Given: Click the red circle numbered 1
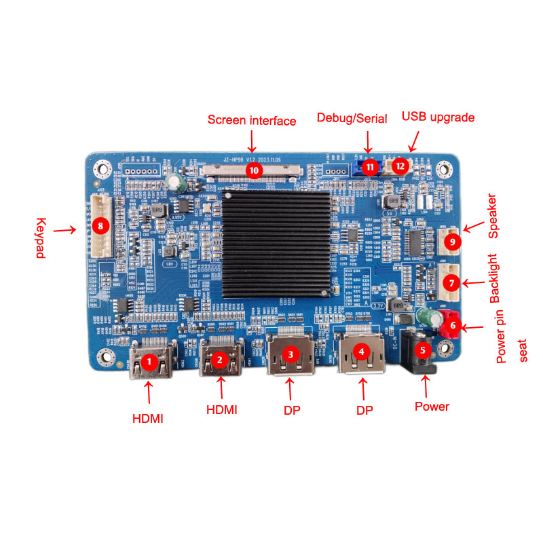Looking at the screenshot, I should coord(149,362).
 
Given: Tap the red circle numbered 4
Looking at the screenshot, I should coord(362,352).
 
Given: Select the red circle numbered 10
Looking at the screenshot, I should coord(253,169).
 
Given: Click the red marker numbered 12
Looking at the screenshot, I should coord(400,165).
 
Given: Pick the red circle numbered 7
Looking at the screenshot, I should coord(452,280).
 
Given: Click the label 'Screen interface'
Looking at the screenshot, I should coord(252,121).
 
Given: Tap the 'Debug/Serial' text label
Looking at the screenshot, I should coord(352,118).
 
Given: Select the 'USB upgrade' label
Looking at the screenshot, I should coord(438,117).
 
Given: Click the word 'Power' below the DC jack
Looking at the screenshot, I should coord(432,407).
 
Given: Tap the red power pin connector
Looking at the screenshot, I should coord(450,329).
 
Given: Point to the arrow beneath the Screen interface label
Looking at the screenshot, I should coord(252,141).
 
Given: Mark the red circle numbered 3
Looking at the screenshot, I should coord(291,353).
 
